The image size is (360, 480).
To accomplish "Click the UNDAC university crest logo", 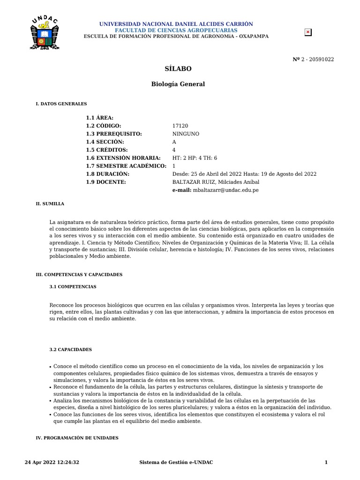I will (x=44, y=33).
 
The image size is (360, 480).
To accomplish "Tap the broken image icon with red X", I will (x=308, y=32).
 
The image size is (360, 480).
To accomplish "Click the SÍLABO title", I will (x=178, y=68).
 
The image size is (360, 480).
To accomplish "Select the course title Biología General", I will (x=178, y=84).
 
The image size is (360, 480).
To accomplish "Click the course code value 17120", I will (x=180, y=126).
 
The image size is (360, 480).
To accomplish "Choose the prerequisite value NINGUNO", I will (x=186, y=134).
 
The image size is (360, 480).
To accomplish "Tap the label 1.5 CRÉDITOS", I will (x=107, y=150).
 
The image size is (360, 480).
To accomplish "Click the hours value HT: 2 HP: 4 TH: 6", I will (x=195, y=158).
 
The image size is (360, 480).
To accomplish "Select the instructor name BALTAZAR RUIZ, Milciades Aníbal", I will (x=216, y=182).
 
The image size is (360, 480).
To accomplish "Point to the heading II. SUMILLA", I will (x=50, y=204).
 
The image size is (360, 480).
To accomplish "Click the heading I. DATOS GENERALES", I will (x=61, y=104).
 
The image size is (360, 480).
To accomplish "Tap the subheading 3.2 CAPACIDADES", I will (x=71, y=350).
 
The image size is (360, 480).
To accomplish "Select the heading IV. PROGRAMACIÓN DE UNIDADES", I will (x=77, y=438).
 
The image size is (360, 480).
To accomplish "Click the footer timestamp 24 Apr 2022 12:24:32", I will (x=52, y=463).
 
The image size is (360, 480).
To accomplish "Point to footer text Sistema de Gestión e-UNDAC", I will (x=176, y=463).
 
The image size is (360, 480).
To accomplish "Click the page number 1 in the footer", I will (x=326, y=463).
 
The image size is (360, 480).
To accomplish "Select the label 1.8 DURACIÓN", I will (x=108, y=174).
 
